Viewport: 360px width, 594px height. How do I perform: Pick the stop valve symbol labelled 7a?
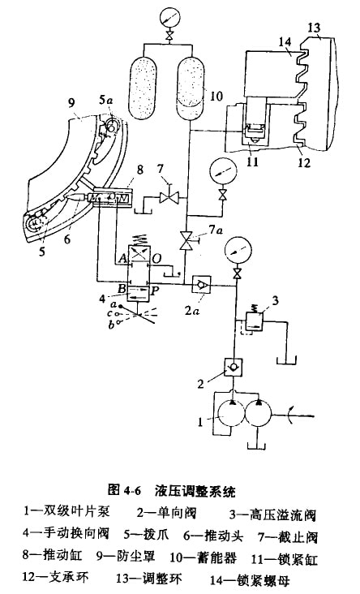tap(186, 240)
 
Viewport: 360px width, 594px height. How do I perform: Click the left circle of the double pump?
tap(231, 414)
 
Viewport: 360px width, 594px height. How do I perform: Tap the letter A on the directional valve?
tap(122, 259)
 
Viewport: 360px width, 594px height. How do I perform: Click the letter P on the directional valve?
tap(155, 291)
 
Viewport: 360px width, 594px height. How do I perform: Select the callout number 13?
tap(314, 28)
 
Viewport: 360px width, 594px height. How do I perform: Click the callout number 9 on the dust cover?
tap(71, 103)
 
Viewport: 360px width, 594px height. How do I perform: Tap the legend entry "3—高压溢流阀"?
tap(272, 515)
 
